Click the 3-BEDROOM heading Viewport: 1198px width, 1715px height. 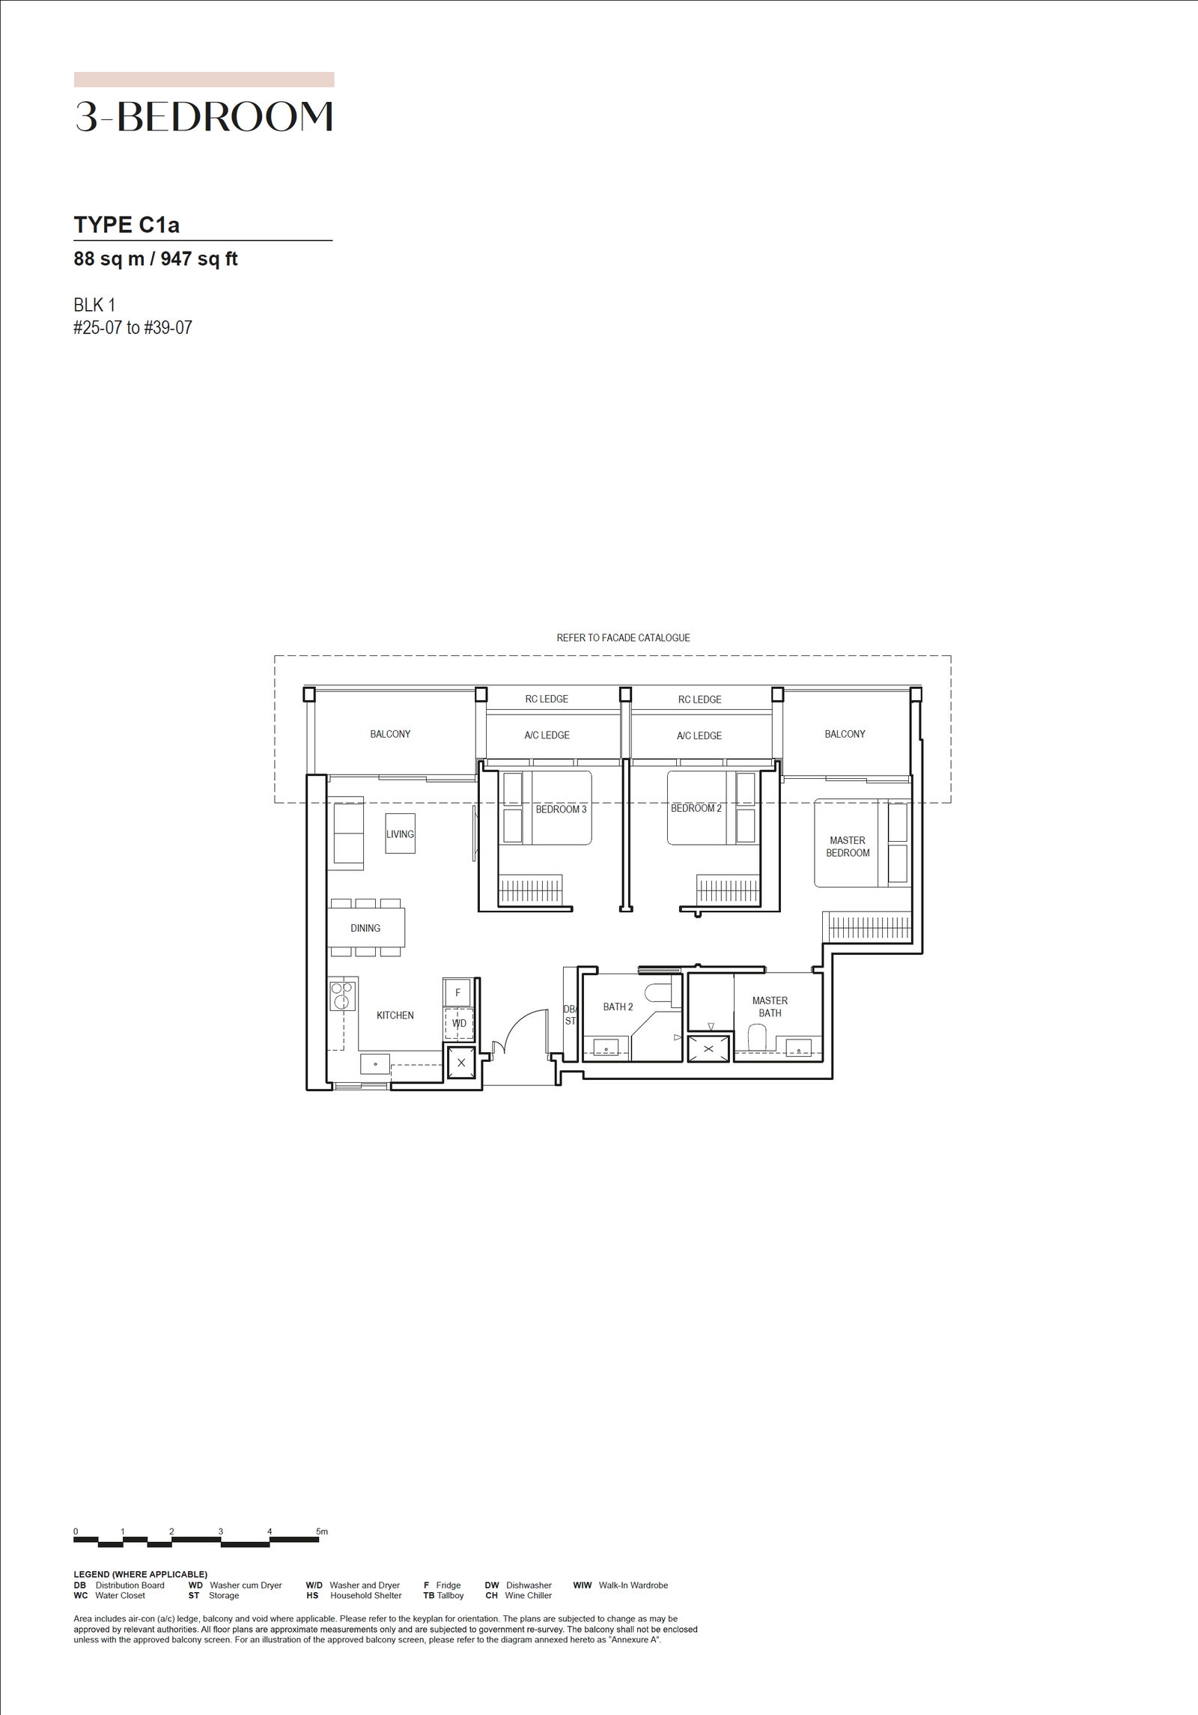pyautogui.click(x=204, y=117)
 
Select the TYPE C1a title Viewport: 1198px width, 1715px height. pyautogui.click(x=127, y=225)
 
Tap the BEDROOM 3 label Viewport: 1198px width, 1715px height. pyautogui.click(x=561, y=810)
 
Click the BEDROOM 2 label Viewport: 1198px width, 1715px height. pyautogui.click(x=696, y=809)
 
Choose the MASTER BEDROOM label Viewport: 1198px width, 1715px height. pyautogui.click(x=848, y=846)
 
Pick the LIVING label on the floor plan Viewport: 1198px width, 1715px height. pyautogui.click(x=400, y=834)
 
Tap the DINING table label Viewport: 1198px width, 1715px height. pyautogui.click(x=365, y=928)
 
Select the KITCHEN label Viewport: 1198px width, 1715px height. pyautogui.click(x=395, y=1015)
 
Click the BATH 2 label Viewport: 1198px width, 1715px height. pyautogui.click(x=618, y=1007)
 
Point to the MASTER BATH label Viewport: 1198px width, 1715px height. pyautogui.click(x=770, y=1007)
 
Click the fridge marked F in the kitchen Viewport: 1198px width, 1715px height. pyautogui.click(x=457, y=992)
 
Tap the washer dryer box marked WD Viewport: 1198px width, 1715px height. pyautogui.click(x=458, y=1024)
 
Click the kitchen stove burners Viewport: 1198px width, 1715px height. pyautogui.click(x=341, y=995)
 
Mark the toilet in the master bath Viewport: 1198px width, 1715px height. pyautogui.click(x=758, y=1037)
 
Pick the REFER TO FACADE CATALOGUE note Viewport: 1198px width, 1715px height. pyautogui.click(x=624, y=638)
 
